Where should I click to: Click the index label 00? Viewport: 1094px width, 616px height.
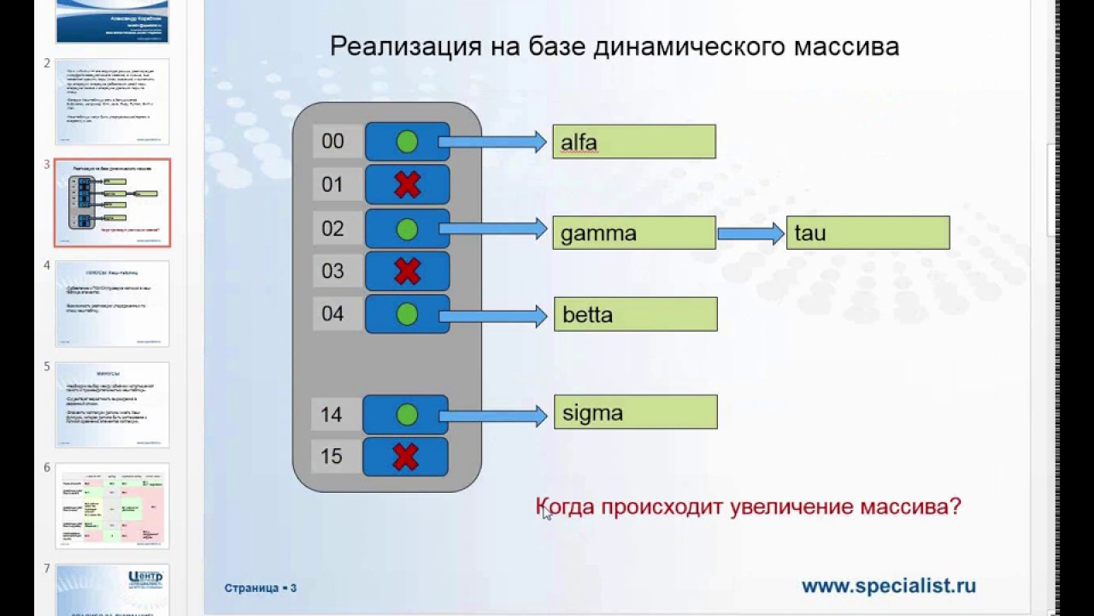(x=333, y=141)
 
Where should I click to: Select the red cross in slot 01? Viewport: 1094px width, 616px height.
(x=407, y=184)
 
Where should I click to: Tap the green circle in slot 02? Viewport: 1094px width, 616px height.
(x=407, y=228)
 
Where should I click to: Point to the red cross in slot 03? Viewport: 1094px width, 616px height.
(x=407, y=271)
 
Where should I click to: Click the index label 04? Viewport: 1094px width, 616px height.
(x=333, y=314)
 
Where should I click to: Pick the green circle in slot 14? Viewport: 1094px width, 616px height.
(x=407, y=415)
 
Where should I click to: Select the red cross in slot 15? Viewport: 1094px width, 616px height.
(x=405, y=456)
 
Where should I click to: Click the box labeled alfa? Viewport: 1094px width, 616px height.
(x=633, y=142)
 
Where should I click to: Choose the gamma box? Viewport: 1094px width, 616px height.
(x=633, y=233)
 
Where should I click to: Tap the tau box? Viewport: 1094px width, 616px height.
(x=868, y=233)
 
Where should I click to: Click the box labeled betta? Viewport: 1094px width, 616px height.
(x=635, y=315)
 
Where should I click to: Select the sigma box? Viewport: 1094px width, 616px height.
(x=635, y=412)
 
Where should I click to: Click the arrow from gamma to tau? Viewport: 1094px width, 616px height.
(x=750, y=233)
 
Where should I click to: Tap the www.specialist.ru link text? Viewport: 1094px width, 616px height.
(x=888, y=586)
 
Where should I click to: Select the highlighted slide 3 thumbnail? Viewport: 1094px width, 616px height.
(x=112, y=203)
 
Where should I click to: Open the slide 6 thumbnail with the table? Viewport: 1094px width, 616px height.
(x=112, y=506)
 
